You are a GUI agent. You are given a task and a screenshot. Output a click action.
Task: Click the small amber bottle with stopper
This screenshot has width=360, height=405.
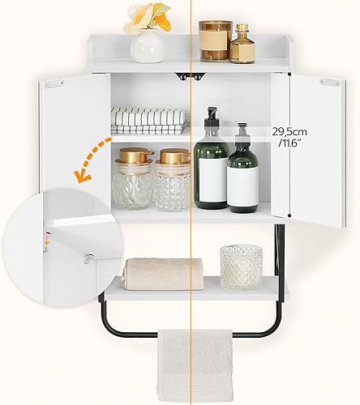tap(242, 45)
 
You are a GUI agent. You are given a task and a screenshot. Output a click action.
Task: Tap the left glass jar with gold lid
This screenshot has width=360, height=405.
tap(134, 179)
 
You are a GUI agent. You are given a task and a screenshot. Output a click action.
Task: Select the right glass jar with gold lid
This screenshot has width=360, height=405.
tap(173, 179)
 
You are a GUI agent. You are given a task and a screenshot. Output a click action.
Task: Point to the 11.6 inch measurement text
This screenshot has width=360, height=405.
tap(288, 143)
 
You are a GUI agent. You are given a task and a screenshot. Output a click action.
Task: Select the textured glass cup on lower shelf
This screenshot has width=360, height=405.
tap(241, 266)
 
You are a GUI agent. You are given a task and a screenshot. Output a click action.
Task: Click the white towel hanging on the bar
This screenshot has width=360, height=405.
tap(195, 364)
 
